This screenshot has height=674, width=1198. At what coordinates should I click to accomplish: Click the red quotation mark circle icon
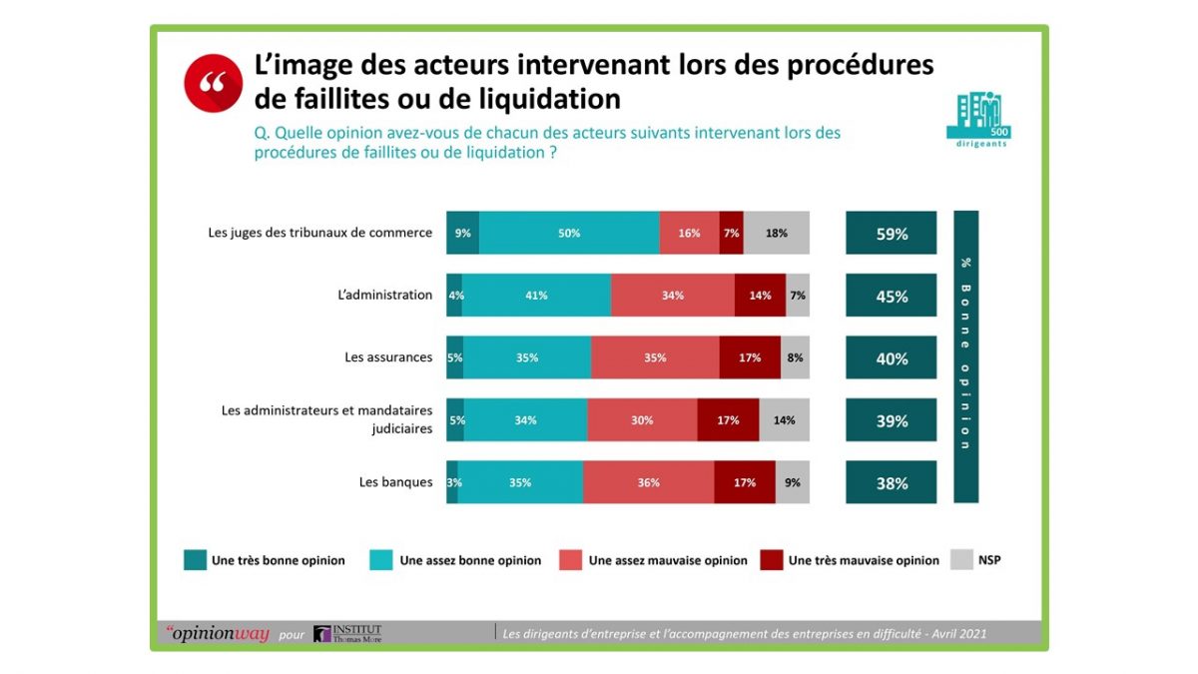tap(214, 84)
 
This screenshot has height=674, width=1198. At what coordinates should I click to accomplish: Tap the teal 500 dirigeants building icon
tap(978, 119)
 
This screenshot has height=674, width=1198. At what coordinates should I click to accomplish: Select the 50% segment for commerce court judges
tap(569, 233)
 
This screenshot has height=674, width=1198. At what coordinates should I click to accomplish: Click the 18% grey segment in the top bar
tap(776, 233)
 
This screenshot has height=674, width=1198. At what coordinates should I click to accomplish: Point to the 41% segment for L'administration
tap(536, 296)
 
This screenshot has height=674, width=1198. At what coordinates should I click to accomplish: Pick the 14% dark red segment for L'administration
tap(760, 296)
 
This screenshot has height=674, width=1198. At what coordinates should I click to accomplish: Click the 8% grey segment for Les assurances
tap(795, 357)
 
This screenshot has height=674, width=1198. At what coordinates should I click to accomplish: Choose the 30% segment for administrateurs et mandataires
tap(642, 420)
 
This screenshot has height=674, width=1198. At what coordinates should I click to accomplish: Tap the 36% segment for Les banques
tap(648, 482)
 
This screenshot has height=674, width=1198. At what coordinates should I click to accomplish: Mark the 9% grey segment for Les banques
tap(792, 482)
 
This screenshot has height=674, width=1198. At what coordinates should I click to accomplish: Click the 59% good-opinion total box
tap(891, 233)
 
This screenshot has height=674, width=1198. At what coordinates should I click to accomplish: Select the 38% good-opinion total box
tap(891, 482)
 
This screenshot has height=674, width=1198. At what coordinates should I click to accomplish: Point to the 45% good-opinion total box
tap(891, 296)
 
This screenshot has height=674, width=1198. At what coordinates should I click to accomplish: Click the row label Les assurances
tap(388, 356)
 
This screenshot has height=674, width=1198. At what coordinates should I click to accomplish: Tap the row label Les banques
tap(395, 482)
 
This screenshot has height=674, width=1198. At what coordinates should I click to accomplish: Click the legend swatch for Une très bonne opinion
tap(196, 560)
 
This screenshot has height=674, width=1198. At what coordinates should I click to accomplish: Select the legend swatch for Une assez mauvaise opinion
tap(571, 560)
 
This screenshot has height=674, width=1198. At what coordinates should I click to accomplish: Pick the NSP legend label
tap(989, 560)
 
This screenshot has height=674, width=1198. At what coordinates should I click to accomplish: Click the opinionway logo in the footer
tap(218, 633)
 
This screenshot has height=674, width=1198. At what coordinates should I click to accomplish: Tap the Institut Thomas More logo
tap(347, 633)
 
